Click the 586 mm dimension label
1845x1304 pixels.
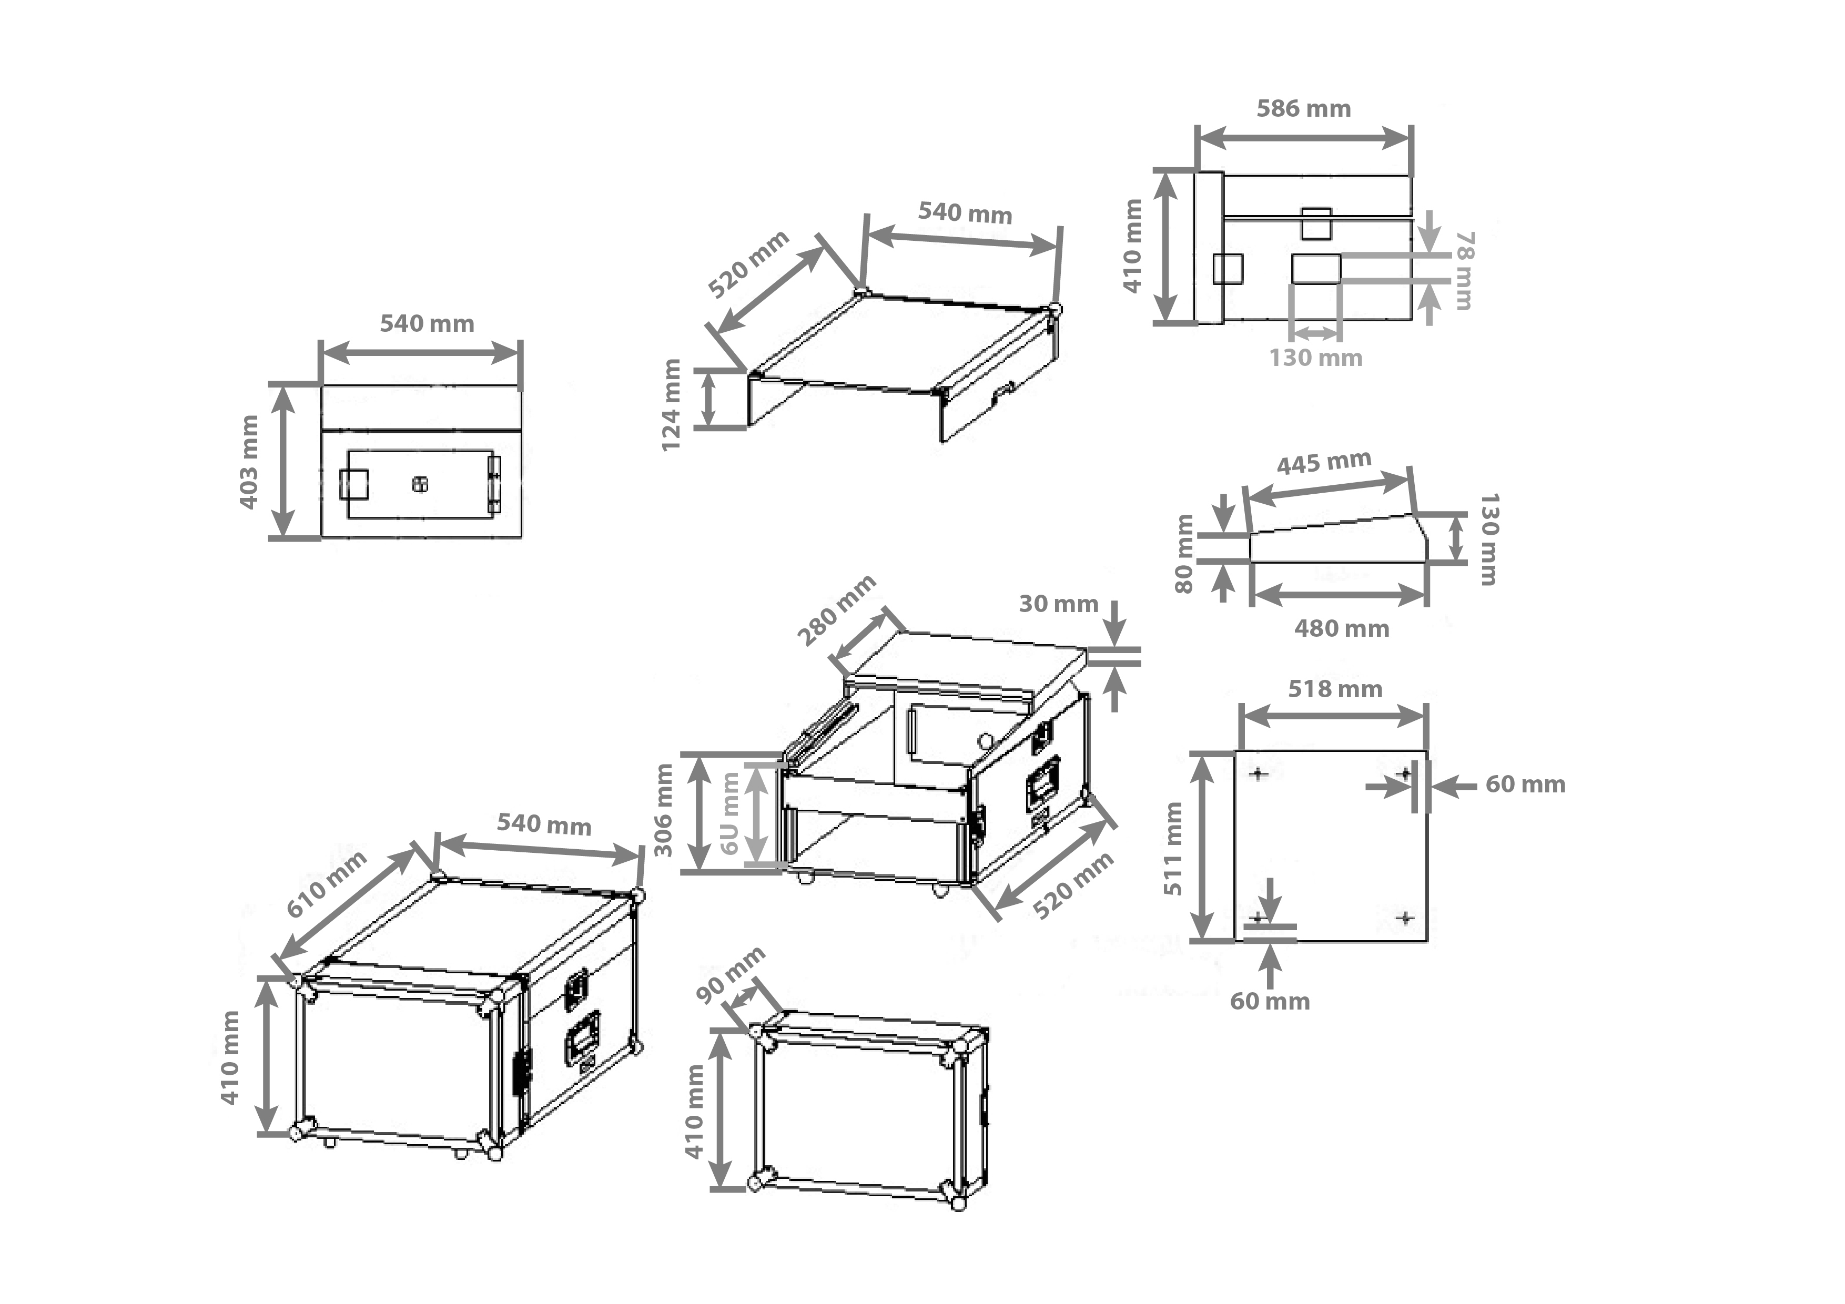pyautogui.click(x=1303, y=108)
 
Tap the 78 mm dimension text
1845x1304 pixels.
pyautogui.click(x=1464, y=271)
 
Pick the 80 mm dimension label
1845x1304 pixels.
pyautogui.click(x=1184, y=554)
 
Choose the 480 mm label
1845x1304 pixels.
pyautogui.click(x=1341, y=628)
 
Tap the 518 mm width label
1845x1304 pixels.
pyautogui.click(x=1335, y=689)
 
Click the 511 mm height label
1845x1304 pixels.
pyautogui.click(x=1173, y=849)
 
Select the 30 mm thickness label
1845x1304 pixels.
pyautogui.click(x=1058, y=604)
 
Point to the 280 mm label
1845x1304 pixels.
pyautogui.click(x=836, y=610)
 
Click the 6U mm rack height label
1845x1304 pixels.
pyautogui.click(x=729, y=813)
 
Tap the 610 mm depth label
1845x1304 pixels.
pyautogui.click(x=326, y=884)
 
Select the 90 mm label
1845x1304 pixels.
pyautogui.click(x=729, y=975)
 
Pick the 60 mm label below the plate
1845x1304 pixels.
pyautogui.click(x=1270, y=1001)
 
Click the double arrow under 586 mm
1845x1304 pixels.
pyautogui.click(x=1303, y=138)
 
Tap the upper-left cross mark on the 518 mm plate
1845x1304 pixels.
pyautogui.click(x=1259, y=773)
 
